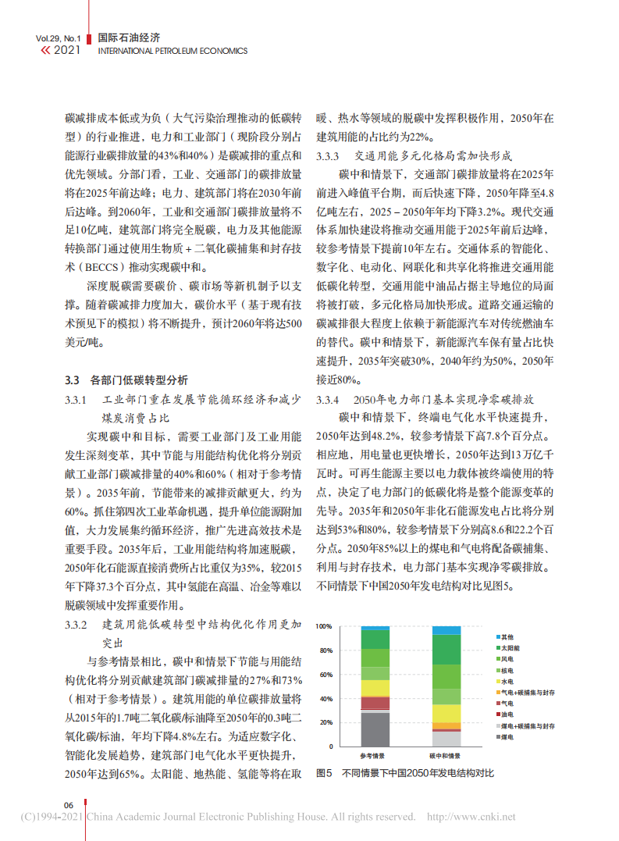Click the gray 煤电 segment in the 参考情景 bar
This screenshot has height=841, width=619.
[x=375, y=729]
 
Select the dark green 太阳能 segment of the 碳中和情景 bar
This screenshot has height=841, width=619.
[x=446, y=649]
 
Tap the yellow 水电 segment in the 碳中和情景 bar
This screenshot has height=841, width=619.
[x=446, y=713]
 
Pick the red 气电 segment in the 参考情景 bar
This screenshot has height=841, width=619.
[x=375, y=703]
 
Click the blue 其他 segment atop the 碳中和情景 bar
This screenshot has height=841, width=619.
[x=446, y=630]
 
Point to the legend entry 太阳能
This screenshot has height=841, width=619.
[x=510, y=648]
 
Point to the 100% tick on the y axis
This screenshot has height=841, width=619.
[x=323, y=626]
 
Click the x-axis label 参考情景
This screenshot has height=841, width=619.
[x=375, y=756]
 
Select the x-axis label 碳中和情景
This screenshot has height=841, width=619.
[x=446, y=756]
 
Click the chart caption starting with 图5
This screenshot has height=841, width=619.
[x=405, y=773]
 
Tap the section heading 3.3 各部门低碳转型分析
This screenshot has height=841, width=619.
[x=126, y=380]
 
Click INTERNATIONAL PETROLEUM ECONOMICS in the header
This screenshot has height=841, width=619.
[x=173, y=52]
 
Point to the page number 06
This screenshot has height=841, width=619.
[x=69, y=805]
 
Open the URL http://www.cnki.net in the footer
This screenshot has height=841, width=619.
[x=471, y=818]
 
